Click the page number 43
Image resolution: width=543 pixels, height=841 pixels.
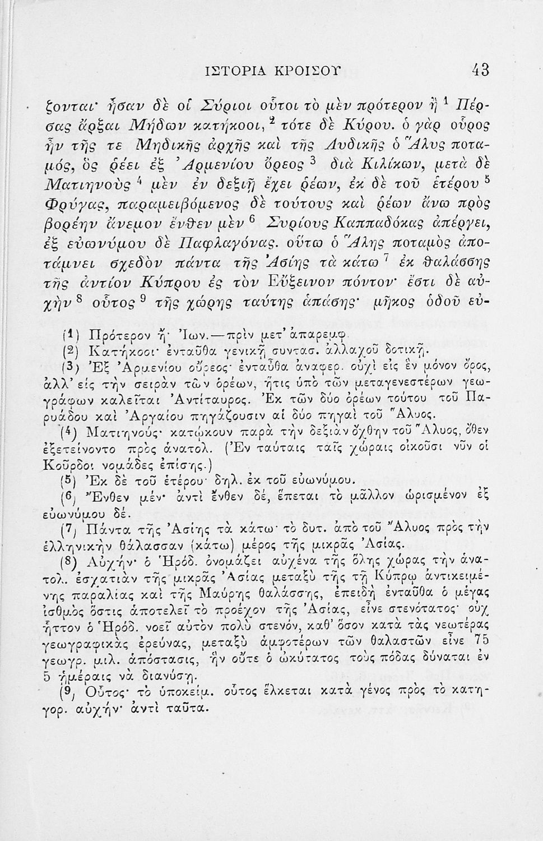click(480, 70)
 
